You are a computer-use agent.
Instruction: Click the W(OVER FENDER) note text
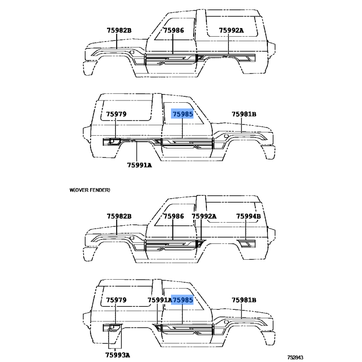(x=90, y=190)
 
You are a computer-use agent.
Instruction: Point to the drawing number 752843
(x=295, y=357)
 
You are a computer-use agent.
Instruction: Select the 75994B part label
(x=248, y=216)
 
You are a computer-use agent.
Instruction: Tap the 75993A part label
(x=118, y=355)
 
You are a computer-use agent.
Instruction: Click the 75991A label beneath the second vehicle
(x=139, y=165)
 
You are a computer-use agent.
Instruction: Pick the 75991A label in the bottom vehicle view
(x=160, y=300)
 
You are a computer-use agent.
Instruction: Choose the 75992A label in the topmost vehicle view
(x=231, y=30)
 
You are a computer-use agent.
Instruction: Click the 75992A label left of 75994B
(x=204, y=216)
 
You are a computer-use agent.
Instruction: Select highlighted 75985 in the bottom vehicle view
(x=183, y=300)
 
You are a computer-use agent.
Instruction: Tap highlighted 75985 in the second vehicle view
(x=183, y=114)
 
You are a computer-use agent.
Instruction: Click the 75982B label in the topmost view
(x=119, y=30)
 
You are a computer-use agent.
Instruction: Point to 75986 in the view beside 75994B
(x=174, y=216)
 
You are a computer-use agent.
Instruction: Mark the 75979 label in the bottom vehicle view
(x=116, y=300)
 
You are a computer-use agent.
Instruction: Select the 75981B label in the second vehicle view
(x=244, y=114)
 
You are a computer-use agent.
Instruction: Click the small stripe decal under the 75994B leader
(x=247, y=243)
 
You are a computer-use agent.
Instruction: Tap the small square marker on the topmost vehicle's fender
(x=132, y=52)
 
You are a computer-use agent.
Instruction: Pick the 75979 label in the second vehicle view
(x=116, y=114)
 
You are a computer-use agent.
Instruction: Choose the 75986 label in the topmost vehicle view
(x=174, y=30)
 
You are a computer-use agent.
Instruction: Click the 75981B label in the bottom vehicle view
(x=244, y=300)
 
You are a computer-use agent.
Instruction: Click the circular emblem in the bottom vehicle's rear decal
(x=113, y=326)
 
